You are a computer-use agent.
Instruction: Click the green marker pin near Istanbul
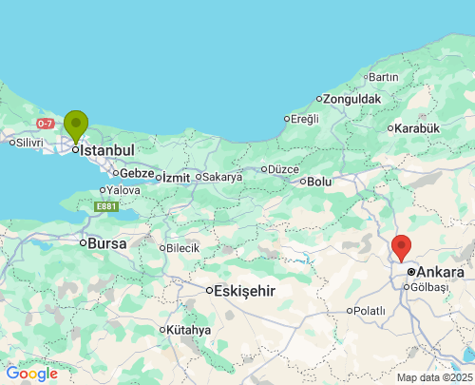coord(76,125)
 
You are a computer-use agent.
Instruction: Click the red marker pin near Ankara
coord(401,246)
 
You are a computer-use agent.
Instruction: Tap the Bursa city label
coord(107,243)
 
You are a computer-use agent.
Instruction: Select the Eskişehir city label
coord(245,291)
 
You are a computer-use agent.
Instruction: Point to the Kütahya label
coord(188,330)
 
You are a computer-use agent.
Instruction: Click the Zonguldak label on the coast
coord(351,99)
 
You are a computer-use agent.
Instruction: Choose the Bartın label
coord(383,77)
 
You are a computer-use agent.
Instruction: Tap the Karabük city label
coord(418,128)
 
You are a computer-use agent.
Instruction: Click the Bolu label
coord(319,182)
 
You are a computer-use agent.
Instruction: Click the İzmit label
coord(176,178)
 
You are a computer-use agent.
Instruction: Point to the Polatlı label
coord(369,311)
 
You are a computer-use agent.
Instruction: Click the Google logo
coord(31,374)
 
